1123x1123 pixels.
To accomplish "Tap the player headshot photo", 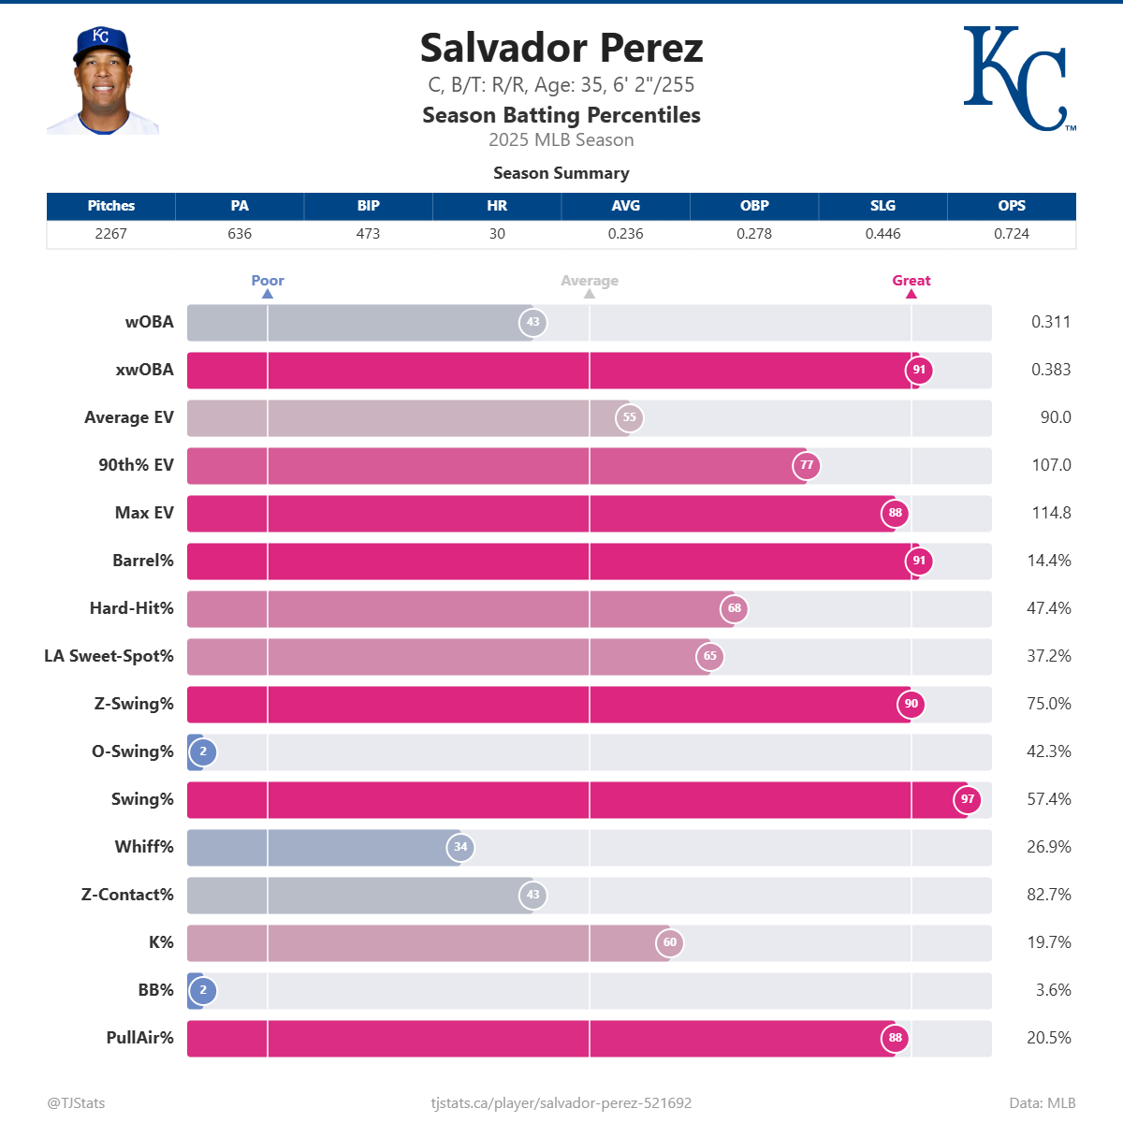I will pos(102,81).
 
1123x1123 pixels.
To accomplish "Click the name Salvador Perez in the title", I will pos(561,48).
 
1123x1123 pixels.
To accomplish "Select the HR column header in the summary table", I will pos(497,206).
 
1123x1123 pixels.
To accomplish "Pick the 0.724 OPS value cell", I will pos(1011,234).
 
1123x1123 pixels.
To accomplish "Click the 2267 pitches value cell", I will pos(110,234).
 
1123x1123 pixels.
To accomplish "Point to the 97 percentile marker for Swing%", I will pos(968,799).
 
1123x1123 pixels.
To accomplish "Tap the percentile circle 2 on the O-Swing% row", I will pos(203,751).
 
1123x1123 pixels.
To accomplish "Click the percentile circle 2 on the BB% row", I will pos(203,990).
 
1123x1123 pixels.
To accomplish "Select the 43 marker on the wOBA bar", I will pos(532,322).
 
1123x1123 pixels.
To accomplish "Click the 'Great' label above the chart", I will pos(911,281).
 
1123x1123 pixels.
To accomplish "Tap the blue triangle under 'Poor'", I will pos(268,294).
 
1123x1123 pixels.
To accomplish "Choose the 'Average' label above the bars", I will pos(590,281).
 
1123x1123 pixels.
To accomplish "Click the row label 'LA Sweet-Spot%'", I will pos(109,656).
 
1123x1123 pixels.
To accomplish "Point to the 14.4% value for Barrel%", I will pos(1049,561).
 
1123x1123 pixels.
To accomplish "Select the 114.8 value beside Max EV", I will pos(1051,513).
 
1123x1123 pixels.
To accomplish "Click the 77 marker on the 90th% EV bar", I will pos(807,465).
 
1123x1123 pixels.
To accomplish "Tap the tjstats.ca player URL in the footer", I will pos(561,1103).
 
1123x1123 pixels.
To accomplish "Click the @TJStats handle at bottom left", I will pos(76,1103).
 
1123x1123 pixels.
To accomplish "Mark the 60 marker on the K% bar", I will pos(670,942).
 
